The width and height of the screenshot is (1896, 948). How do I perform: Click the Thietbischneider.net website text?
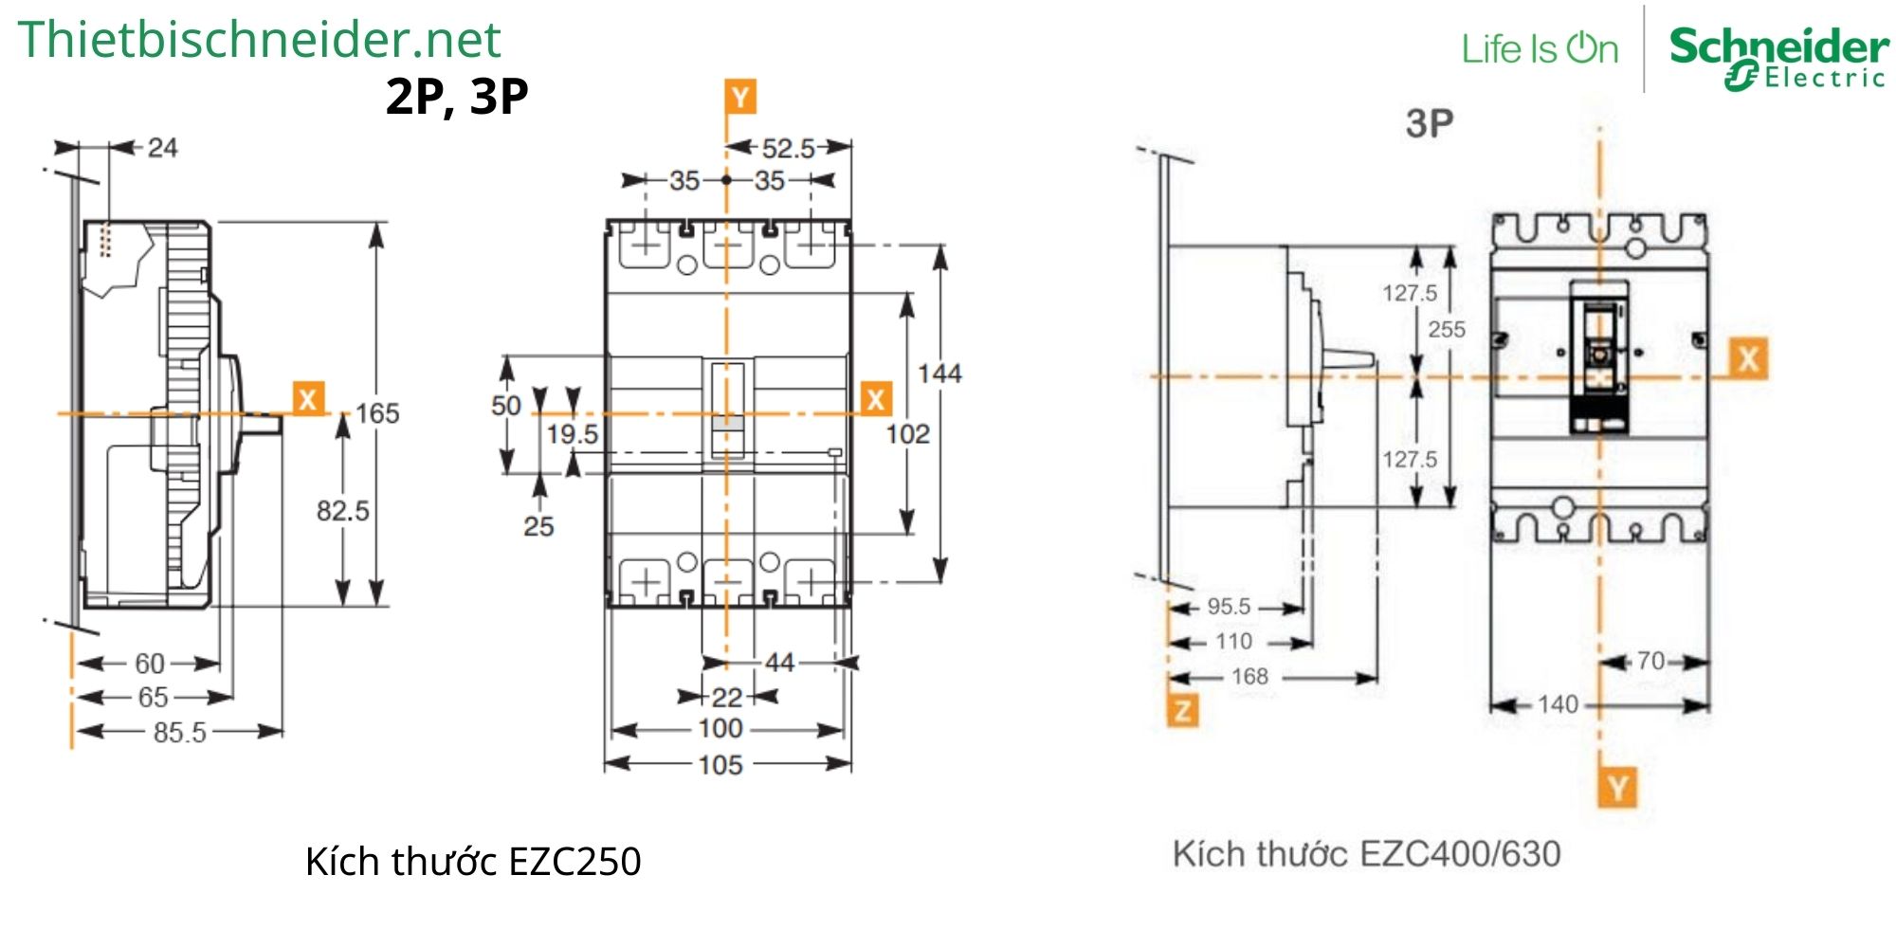click(258, 40)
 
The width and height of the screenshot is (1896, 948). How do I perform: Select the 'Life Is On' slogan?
click(1540, 49)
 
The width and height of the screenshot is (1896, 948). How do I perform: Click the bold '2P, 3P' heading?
click(456, 96)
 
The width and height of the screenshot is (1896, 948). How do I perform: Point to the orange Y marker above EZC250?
click(740, 97)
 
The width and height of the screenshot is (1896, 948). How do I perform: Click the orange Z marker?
click(1182, 710)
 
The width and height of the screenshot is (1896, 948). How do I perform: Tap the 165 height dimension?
click(377, 413)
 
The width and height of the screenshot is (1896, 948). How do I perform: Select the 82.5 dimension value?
click(342, 511)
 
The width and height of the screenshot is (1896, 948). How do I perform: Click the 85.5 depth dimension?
click(179, 733)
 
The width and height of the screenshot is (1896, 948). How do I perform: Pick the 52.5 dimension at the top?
click(788, 148)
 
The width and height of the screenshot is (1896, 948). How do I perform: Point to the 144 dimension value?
click(939, 374)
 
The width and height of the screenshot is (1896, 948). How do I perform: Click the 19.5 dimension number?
click(572, 434)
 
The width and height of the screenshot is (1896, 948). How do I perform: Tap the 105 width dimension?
click(720, 765)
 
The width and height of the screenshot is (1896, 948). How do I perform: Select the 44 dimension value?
click(779, 662)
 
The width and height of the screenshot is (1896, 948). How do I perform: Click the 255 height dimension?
click(1447, 330)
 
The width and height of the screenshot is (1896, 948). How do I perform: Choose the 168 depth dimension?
click(1249, 677)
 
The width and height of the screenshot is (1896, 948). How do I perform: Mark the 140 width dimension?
click(1558, 704)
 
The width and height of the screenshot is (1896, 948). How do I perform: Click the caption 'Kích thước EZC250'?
click(473, 862)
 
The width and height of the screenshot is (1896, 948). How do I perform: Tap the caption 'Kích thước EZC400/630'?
click(1366, 854)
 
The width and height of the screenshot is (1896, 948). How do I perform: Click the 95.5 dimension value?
click(1229, 607)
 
